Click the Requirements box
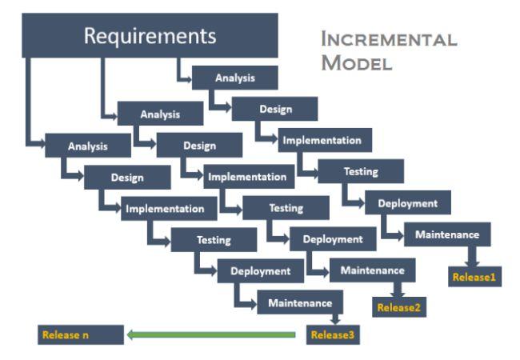(x=150, y=36)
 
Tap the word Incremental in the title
(x=389, y=39)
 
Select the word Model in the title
(x=356, y=63)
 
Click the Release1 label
(x=474, y=278)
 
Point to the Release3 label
(x=332, y=334)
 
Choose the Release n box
(x=80, y=334)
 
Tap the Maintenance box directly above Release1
(x=447, y=235)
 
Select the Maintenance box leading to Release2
(x=372, y=270)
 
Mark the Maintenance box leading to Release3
(x=300, y=303)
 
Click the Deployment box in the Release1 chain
(x=408, y=203)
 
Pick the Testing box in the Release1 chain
(x=361, y=171)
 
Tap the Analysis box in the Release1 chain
(x=235, y=78)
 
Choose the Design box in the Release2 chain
(x=199, y=146)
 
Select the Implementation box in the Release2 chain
(x=246, y=177)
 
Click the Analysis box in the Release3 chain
(x=88, y=146)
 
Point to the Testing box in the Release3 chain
(x=214, y=239)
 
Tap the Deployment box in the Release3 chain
(x=260, y=271)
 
